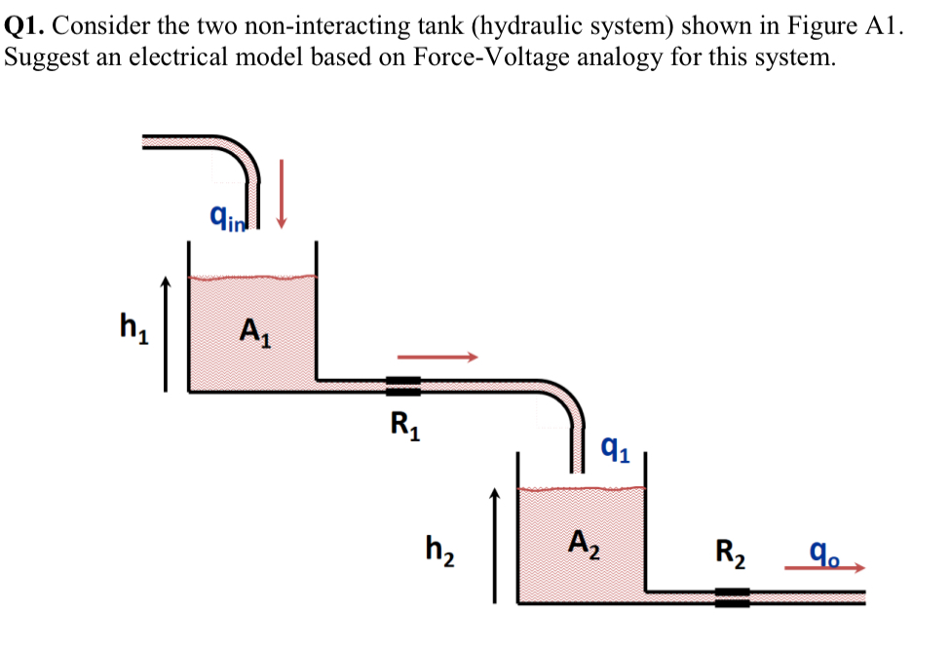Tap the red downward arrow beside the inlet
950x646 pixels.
(x=283, y=195)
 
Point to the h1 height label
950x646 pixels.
(x=131, y=323)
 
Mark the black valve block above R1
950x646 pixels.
(x=402, y=386)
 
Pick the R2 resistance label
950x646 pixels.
(x=732, y=557)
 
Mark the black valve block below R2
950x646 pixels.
(x=732, y=596)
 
